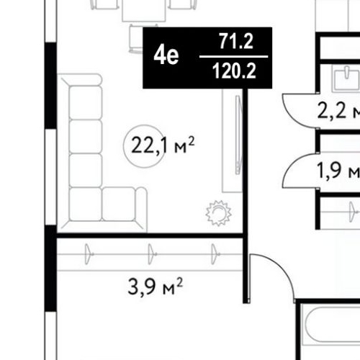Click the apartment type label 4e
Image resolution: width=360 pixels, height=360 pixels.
[x=166, y=55]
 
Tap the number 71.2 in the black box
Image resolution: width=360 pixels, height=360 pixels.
[x=236, y=41]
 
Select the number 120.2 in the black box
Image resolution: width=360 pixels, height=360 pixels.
[x=234, y=71]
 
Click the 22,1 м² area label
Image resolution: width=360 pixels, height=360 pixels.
[x=163, y=145]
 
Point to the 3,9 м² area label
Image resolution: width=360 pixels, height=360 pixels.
[x=156, y=287]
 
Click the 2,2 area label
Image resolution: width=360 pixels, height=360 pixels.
[x=332, y=111]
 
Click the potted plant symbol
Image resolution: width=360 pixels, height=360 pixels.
[x=218, y=213]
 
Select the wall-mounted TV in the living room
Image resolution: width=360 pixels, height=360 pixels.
[x=238, y=135]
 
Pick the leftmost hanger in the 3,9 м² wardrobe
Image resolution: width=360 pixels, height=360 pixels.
[x=89, y=254]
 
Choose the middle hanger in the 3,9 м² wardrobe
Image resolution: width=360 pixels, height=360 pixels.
[x=152, y=254]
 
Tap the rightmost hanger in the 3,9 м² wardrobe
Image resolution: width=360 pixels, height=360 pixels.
[x=215, y=254]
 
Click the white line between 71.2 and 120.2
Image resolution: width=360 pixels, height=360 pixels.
[x=234, y=57]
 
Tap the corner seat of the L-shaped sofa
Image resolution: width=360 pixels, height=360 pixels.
[x=85, y=204]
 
